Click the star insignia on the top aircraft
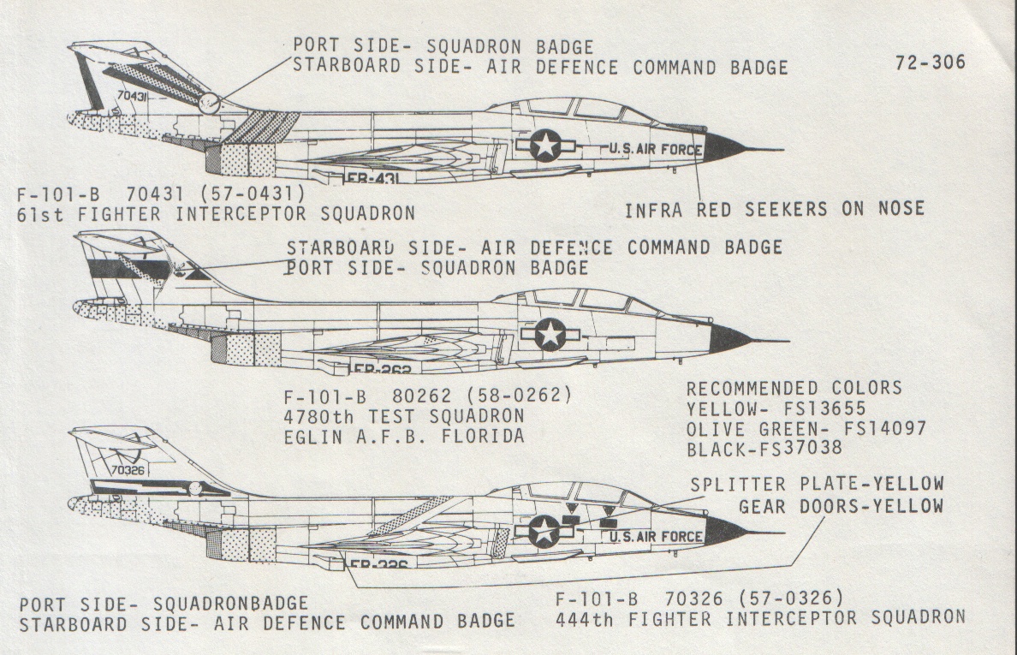pyautogui.click(x=545, y=145)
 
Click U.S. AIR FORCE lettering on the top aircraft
pyautogui.click(x=655, y=149)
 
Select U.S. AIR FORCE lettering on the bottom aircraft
pyautogui.click(x=655, y=537)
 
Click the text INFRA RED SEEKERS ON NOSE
pyautogui.click(x=774, y=208)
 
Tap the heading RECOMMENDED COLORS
pyautogui.click(x=794, y=388)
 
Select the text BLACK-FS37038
pyautogui.click(x=764, y=449)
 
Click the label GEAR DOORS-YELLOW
pyautogui.click(x=841, y=506)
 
